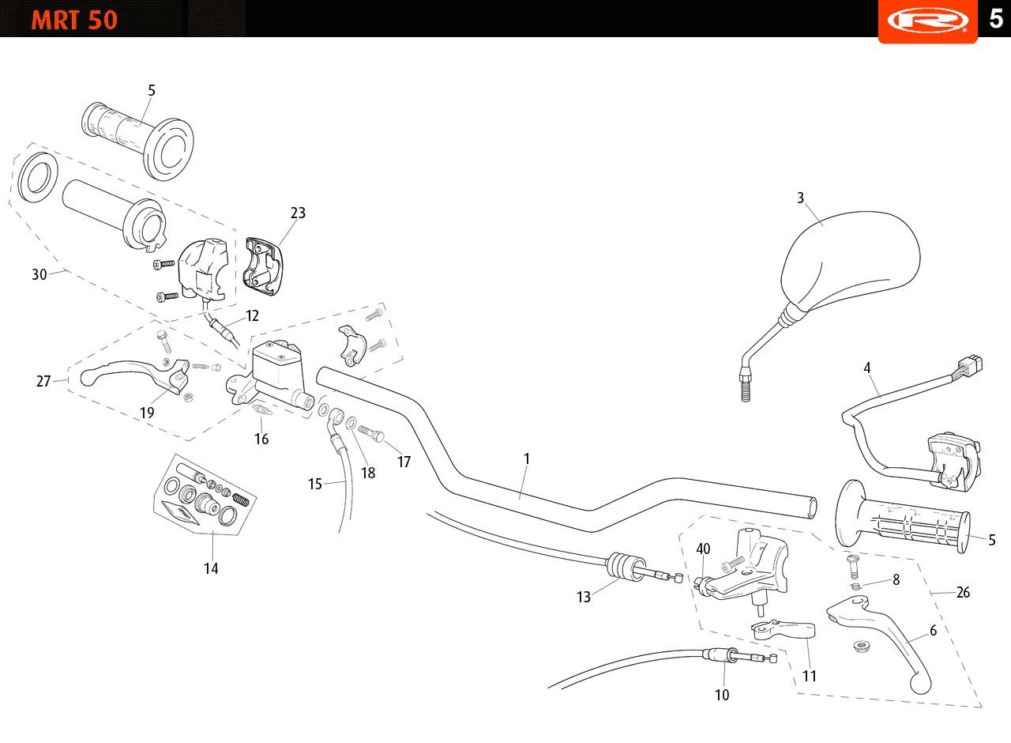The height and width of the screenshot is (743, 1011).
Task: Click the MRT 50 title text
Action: [74, 21]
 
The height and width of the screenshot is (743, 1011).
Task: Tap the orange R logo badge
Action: [927, 21]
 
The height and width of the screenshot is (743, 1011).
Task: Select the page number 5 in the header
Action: [996, 18]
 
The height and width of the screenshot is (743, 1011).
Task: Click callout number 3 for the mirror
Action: [800, 198]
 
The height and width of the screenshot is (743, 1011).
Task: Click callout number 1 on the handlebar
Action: [526, 459]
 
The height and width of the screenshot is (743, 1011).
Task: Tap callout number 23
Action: [298, 213]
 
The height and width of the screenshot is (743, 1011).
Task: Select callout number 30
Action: [39, 274]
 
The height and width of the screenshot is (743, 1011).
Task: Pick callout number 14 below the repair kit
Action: [211, 568]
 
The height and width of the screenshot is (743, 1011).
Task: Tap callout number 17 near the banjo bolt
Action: [404, 462]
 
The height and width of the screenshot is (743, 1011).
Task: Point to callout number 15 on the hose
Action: [315, 485]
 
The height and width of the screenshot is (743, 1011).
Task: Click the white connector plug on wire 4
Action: [972, 364]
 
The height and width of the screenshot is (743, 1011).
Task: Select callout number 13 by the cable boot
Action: [584, 597]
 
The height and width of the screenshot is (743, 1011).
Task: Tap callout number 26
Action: [963, 592]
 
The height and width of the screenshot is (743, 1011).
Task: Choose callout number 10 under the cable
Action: [722, 695]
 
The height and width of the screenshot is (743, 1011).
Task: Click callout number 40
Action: [703, 549]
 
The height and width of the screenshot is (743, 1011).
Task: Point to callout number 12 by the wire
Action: [252, 315]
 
